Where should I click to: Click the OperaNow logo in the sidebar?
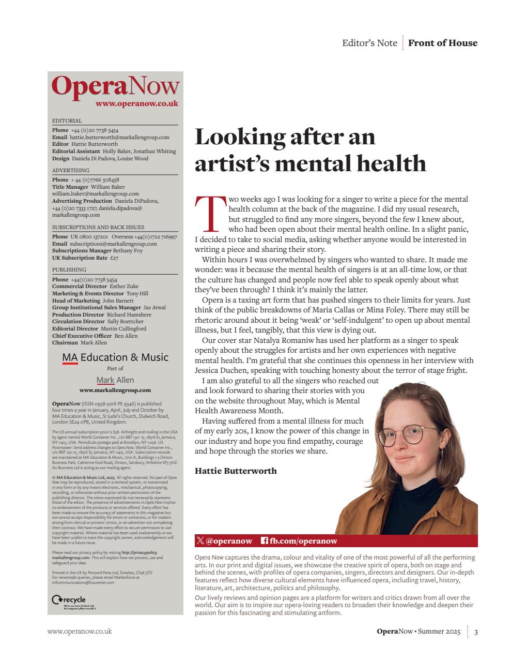115,86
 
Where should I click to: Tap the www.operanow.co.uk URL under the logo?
136,103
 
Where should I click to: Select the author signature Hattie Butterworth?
236,471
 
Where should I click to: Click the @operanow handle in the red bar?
224,541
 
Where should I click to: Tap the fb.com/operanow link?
299,541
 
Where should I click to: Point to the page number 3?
475,631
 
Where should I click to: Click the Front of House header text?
442,43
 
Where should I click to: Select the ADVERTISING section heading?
71,170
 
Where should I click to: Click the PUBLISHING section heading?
69,269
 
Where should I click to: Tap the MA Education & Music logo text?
115,357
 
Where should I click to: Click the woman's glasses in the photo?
407,434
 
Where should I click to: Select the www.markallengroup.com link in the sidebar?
115,390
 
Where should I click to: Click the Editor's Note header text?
369,43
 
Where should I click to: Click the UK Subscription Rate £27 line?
85,258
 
